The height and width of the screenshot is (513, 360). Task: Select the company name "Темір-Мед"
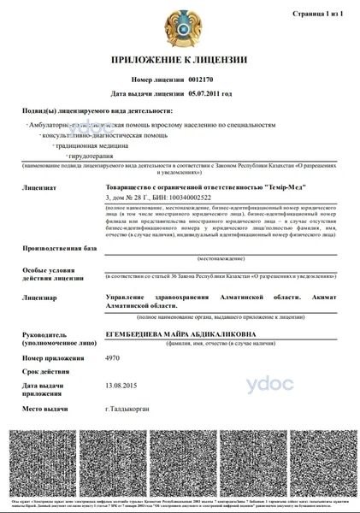pyautogui.click(x=280, y=186)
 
